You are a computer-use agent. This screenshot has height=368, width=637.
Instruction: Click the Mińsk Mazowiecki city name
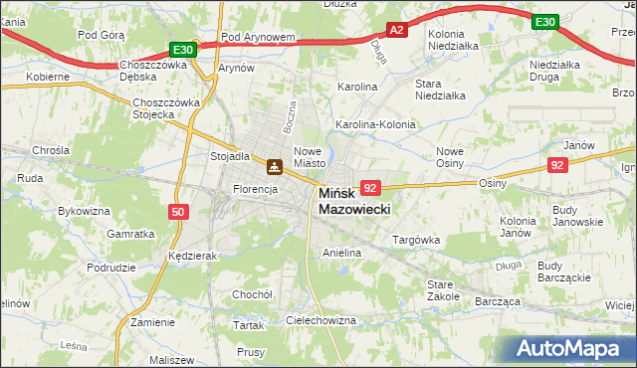point(353,202)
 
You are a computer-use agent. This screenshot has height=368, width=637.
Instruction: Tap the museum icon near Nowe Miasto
point(273,166)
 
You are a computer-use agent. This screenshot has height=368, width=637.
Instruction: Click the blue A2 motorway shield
point(396,31)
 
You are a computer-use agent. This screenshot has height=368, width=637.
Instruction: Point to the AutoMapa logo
point(571,348)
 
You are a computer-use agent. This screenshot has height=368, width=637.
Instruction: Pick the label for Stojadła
point(229,156)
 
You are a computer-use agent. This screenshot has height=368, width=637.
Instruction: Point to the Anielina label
point(341,254)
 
